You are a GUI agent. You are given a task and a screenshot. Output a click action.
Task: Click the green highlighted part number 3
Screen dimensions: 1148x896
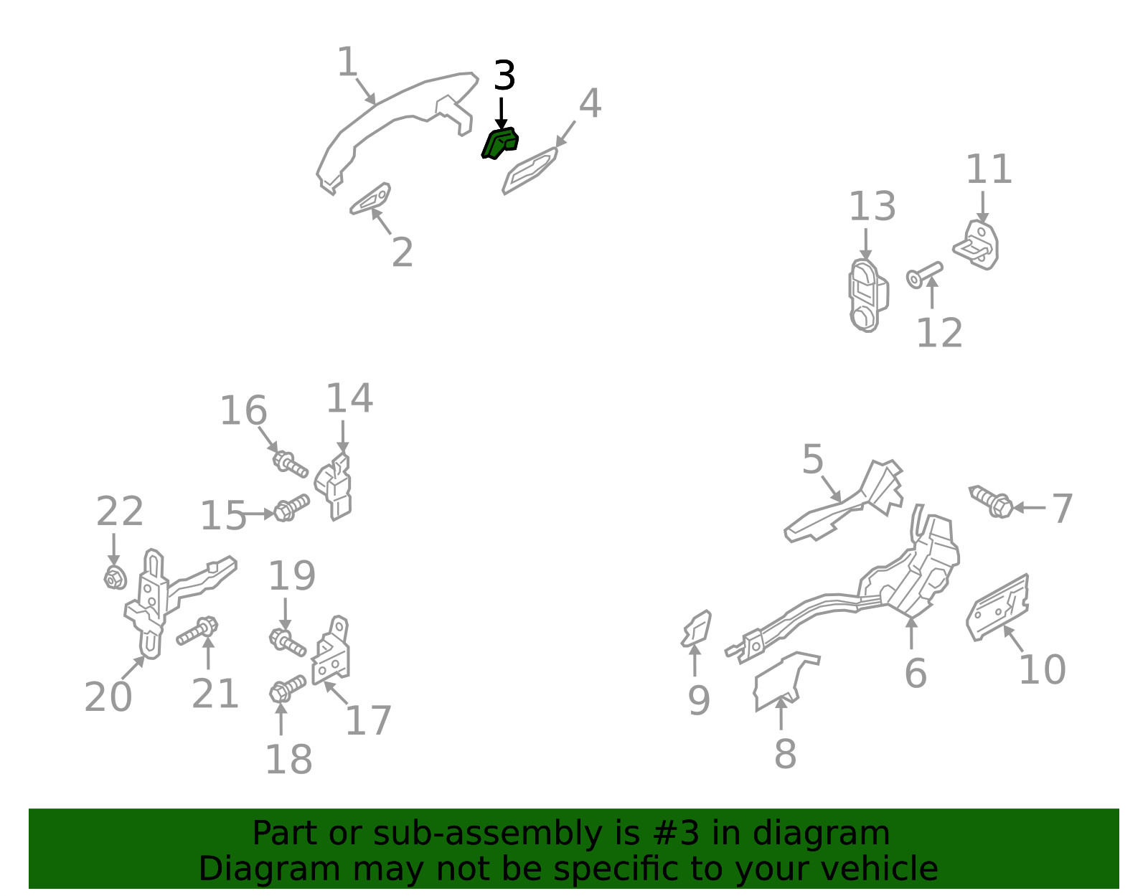click(499, 143)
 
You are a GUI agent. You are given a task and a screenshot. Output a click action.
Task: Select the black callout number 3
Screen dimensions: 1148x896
click(504, 75)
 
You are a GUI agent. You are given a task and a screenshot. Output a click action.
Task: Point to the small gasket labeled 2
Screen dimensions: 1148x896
click(370, 199)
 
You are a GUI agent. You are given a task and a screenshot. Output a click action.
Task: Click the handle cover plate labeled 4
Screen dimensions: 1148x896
click(530, 171)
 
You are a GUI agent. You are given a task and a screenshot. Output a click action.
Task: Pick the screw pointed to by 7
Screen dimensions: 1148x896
click(991, 501)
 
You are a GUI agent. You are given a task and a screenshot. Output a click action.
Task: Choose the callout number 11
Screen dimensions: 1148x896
click(989, 169)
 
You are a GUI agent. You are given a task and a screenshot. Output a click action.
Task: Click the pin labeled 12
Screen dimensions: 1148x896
click(924, 275)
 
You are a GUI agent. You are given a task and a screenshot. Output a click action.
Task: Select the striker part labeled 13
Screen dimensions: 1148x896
click(867, 296)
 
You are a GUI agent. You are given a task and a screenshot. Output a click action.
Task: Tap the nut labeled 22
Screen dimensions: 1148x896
click(115, 578)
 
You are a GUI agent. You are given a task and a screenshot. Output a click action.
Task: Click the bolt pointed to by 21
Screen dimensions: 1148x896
click(197, 631)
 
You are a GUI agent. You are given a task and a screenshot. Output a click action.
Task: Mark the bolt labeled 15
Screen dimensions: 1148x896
click(291, 508)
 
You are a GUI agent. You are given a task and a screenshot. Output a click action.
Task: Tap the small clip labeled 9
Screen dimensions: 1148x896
click(696, 629)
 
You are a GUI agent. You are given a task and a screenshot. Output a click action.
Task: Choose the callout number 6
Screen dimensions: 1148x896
click(916, 673)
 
